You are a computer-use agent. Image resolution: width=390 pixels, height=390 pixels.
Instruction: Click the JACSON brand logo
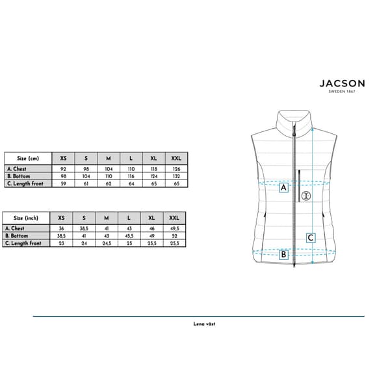click(343, 84)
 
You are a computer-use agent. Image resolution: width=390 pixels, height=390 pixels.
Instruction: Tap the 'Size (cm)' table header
click(28, 159)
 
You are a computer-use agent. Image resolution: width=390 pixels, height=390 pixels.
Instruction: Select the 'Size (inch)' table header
click(26, 218)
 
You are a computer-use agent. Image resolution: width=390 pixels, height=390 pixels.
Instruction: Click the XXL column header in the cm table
click(176, 158)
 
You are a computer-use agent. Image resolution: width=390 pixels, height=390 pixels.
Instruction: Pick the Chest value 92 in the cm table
click(63, 169)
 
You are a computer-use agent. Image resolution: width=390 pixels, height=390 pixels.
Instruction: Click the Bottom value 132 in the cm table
click(176, 176)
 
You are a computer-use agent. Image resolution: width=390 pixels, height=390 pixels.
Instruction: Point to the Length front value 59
click(63, 184)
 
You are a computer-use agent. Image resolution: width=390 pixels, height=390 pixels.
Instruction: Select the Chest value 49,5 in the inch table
click(175, 228)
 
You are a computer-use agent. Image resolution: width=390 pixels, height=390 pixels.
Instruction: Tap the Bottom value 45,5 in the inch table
click(129, 236)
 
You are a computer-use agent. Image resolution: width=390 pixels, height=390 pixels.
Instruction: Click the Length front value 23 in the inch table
click(62, 243)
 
